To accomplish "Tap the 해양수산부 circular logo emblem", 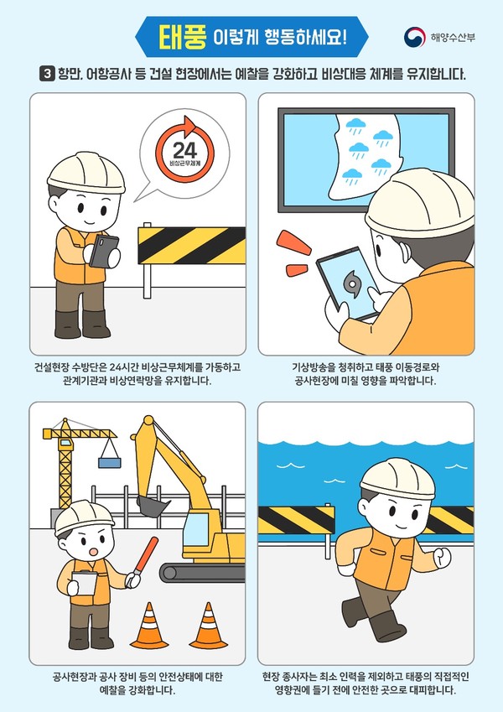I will (414, 37).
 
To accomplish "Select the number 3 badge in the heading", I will (48, 74).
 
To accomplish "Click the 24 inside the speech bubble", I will (183, 150).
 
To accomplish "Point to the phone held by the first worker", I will (105, 250).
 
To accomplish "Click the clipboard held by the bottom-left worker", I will (86, 584).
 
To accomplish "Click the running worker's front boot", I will (387, 626).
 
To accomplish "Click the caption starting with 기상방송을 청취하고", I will (366, 374).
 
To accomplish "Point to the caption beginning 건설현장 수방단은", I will (137, 374).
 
